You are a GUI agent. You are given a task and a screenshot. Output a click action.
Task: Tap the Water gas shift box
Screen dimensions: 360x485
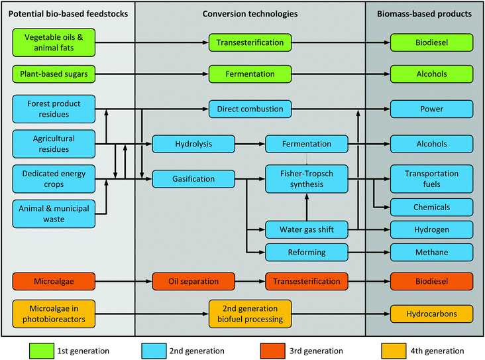point(307,229)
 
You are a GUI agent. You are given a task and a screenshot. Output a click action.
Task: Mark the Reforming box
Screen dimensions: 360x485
point(307,252)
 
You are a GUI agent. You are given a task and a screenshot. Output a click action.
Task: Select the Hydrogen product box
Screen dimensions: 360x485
point(431,229)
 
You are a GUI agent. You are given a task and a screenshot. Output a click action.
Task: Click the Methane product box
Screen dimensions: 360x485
point(431,252)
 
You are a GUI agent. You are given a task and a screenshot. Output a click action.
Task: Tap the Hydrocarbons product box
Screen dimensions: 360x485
point(431,313)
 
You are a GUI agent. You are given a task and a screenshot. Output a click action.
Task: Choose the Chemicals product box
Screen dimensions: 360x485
point(431,207)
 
